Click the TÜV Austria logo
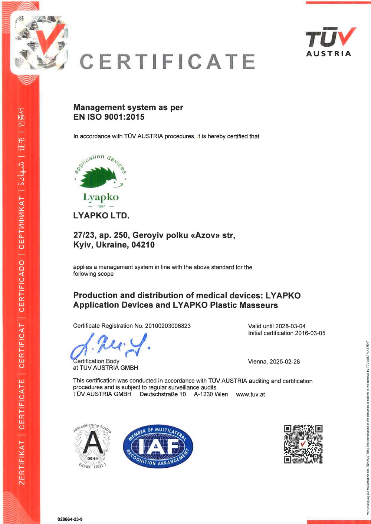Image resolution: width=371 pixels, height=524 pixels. [x=329, y=42]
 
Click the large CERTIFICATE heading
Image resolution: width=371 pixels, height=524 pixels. [x=167, y=62]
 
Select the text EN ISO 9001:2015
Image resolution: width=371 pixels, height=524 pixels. [x=109, y=117]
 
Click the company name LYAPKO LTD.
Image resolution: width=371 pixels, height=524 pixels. [x=101, y=215]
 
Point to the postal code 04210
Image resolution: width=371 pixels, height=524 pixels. [x=143, y=245]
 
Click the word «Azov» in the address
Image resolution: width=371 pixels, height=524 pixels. [x=205, y=235]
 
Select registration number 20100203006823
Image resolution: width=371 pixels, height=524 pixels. [x=168, y=326]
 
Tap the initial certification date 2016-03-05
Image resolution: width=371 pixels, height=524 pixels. [x=310, y=333]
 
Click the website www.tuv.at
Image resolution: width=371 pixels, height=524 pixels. [x=250, y=394]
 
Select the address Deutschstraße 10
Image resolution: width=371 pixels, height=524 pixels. [x=162, y=394]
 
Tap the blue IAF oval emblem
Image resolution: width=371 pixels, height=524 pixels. [x=158, y=446]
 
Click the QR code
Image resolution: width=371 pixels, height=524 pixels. [x=303, y=444]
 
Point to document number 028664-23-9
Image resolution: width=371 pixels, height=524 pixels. [x=70, y=519]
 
